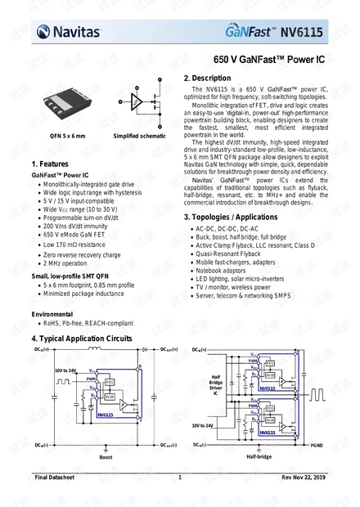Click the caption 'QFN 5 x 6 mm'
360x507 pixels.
(66, 136)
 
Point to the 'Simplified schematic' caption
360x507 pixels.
(137, 136)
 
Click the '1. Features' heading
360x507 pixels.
(54, 164)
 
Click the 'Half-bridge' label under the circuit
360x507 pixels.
(259, 458)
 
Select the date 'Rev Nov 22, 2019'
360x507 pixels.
(303, 478)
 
